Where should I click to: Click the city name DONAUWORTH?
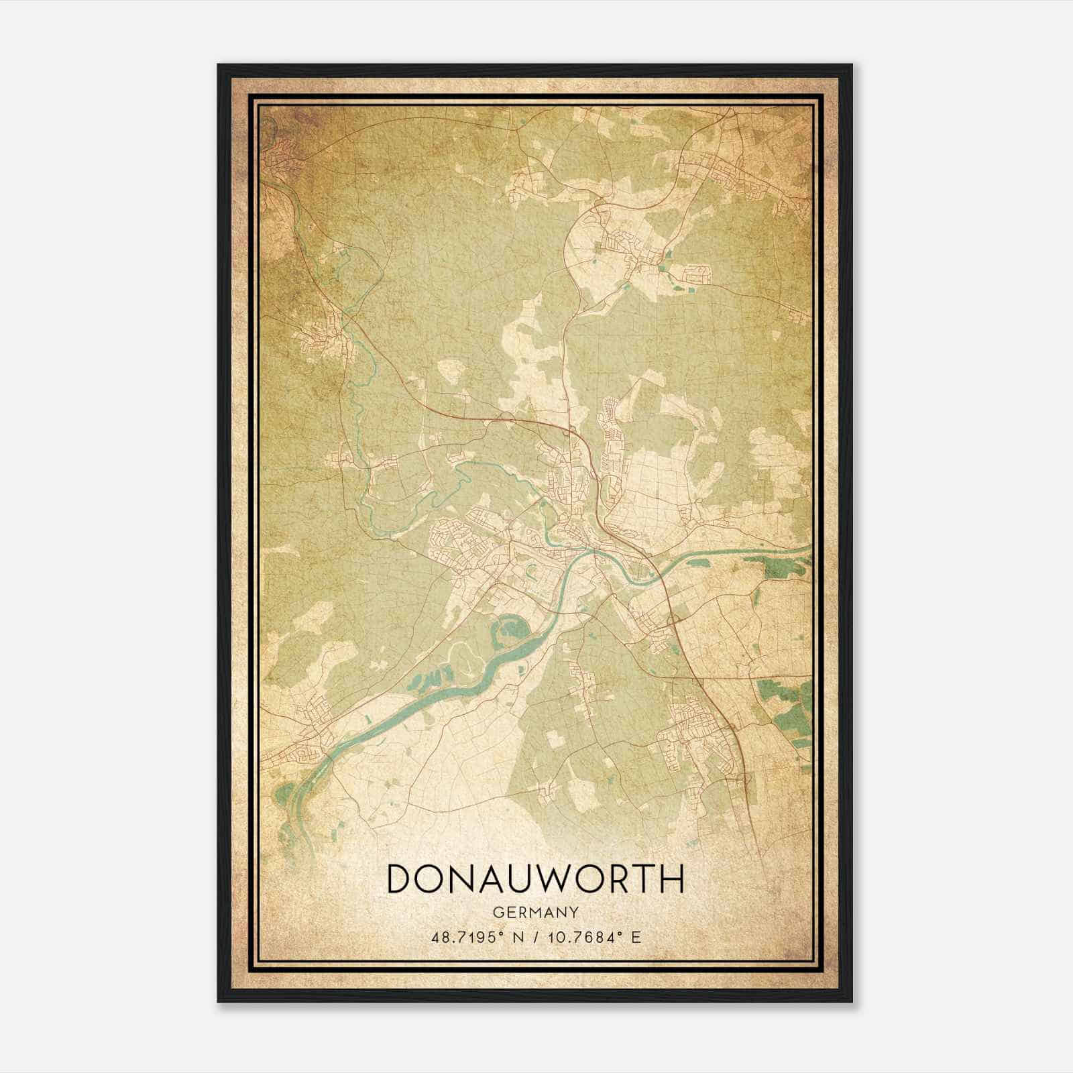click(x=535, y=879)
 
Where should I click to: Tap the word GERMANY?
click(x=535, y=912)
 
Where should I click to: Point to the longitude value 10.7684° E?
click(x=588, y=936)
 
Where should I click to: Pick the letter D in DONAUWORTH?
click(x=401, y=879)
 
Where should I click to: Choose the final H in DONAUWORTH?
click(x=671, y=879)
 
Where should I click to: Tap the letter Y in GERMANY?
click(x=574, y=912)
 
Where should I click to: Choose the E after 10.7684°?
click(x=636, y=936)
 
